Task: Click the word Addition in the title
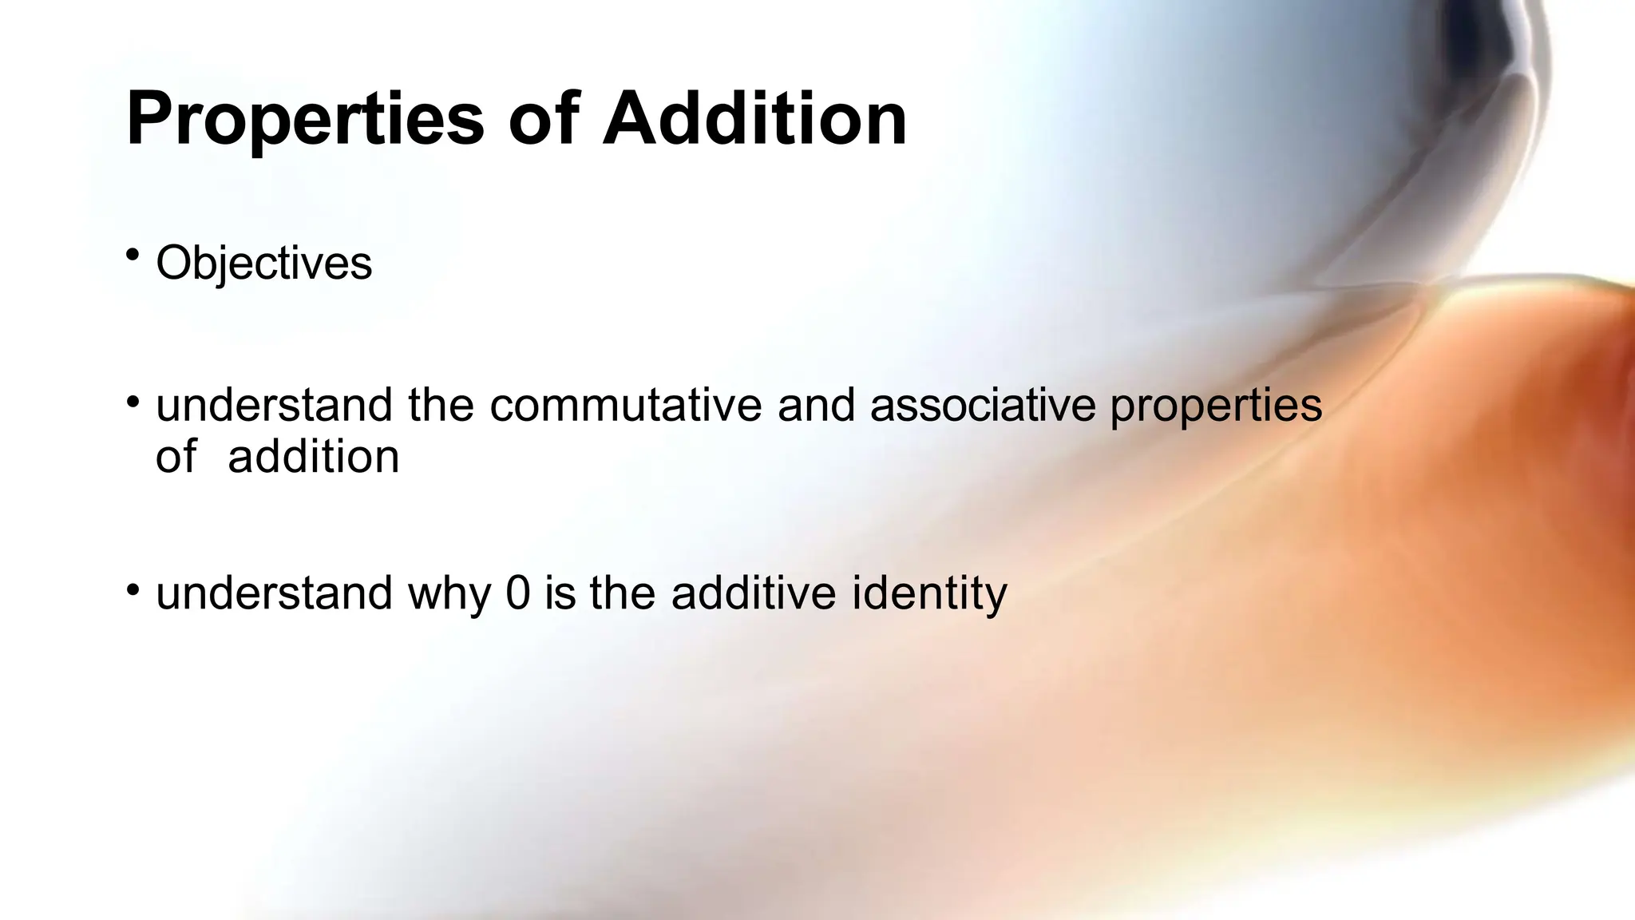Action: [754, 120]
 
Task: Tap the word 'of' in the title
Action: [543, 120]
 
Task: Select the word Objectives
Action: [263, 263]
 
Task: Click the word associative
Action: [982, 405]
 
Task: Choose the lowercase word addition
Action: [313, 457]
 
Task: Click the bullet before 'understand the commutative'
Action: [133, 399]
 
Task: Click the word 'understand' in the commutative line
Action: [274, 405]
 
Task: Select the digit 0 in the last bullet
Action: [518, 593]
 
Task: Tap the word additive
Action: [754, 593]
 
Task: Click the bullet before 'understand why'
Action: [133, 589]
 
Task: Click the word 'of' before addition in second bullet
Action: [176, 457]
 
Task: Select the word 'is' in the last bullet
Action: [560, 593]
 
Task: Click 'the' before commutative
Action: [441, 405]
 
